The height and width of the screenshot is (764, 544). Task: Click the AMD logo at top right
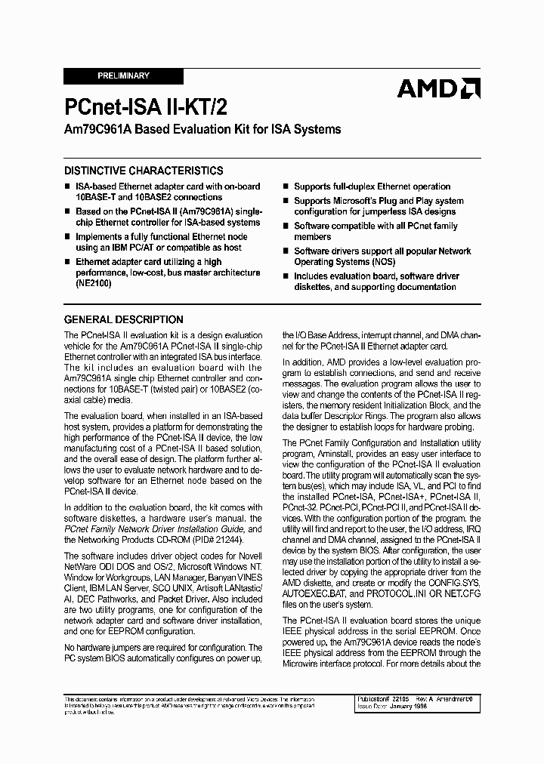click(438, 89)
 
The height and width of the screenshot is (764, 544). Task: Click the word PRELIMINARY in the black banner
click(124, 76)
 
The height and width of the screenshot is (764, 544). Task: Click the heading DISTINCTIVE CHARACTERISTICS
click(144, 171)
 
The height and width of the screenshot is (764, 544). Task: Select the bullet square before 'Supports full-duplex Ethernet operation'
click(286, 186)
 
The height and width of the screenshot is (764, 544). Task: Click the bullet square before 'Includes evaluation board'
click(286, 277)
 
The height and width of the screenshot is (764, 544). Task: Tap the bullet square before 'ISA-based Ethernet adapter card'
click(68, 186)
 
